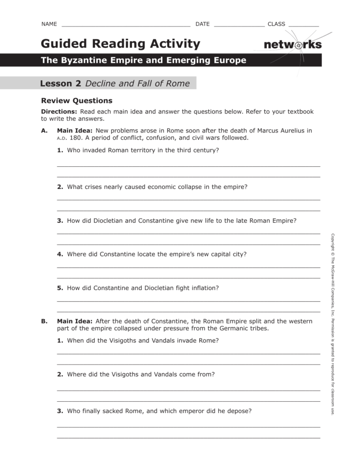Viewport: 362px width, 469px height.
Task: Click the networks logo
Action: (x=292, y=45)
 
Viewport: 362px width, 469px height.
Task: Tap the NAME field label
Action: (x=49, y=24)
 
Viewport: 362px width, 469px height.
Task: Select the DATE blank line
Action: (x=239, y=25)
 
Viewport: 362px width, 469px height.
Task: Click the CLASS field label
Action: (x=276, y=24)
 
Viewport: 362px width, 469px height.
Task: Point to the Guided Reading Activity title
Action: (x=120, y=44)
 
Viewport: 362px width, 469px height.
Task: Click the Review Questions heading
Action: (x=76, y=101)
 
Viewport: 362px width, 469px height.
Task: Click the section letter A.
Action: (x=44, y=131)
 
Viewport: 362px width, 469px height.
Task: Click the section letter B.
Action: (x=44, y=321)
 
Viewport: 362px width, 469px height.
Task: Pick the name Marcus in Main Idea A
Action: (x=269, y=131)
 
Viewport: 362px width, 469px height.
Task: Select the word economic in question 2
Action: (x=163, y=187)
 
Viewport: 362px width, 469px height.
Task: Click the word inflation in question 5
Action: (x=203, y=288)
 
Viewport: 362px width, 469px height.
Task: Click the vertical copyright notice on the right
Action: (x=333, y=324)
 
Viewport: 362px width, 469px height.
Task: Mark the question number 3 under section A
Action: (x=60, y=220)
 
